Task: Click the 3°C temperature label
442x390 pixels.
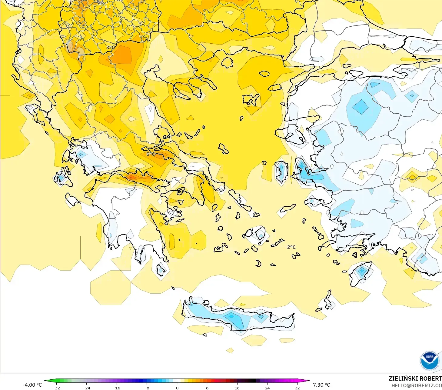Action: [110, 48]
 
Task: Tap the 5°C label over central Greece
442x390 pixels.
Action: [151, 154]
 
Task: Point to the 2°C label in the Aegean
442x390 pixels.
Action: [291, 247]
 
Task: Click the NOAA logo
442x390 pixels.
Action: [429, 361]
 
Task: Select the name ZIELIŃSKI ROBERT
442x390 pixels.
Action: [415, 378]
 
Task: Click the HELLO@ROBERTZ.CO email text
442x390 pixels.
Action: [416, 385]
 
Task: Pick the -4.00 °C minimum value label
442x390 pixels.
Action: [32, 385]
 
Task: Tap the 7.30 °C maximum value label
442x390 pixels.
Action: [321, 385]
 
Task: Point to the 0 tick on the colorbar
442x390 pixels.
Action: [177, 388]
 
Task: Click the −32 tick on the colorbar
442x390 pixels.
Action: [56, 388]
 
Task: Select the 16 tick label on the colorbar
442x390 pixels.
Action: [237, 388]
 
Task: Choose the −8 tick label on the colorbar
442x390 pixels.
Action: [147, 388]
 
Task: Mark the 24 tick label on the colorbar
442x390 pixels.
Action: [267, 388]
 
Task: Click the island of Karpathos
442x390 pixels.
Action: [328, 300]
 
